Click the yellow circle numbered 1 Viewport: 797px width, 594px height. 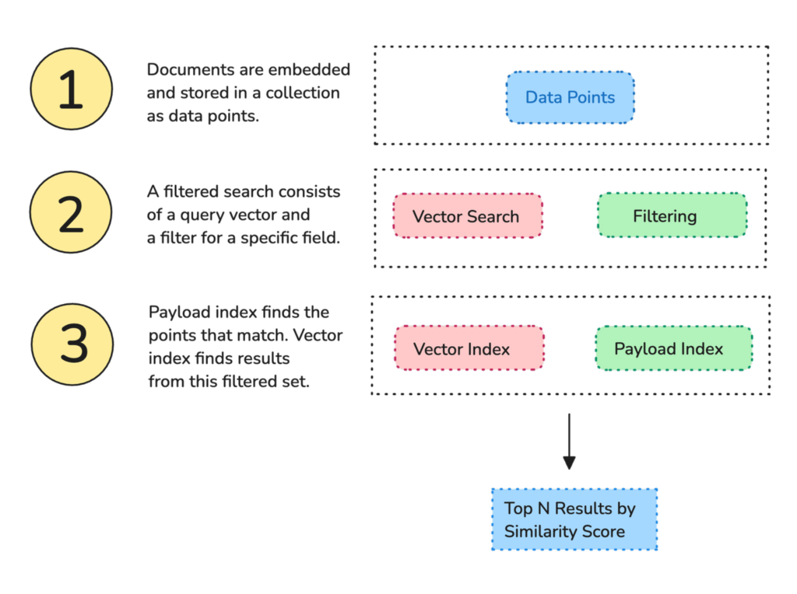71,89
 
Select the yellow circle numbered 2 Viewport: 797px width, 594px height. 71,212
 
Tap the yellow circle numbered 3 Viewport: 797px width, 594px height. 73,342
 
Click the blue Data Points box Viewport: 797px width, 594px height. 570,98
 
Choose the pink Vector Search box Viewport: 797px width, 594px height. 466,216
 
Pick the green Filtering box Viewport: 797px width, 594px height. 672,216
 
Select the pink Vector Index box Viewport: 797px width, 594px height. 469,348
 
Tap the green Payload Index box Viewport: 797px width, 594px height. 673,348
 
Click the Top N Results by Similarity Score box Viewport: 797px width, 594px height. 574,519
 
